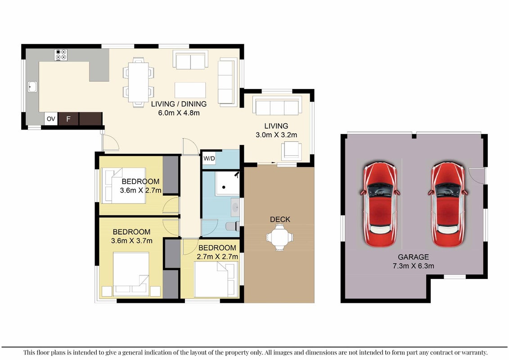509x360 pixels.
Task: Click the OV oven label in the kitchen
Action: [51, 119]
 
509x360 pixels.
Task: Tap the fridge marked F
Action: [68, 119]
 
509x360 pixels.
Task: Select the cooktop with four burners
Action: [61, 55]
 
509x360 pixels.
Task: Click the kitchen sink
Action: [32, 87]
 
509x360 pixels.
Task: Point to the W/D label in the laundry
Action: [209, 158]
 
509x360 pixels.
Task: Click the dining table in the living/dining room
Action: [138, 82]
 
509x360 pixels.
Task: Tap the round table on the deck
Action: [279, 237]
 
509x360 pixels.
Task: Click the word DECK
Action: [280, 220]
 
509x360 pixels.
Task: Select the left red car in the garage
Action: [380, 204]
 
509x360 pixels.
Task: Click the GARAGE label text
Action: [413, 257]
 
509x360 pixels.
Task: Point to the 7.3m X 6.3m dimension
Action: [413, 266]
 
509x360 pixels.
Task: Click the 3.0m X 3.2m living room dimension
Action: [276, 135]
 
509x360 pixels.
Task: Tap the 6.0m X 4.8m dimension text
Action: [179, 113]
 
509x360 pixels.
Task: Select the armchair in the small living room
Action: [291, 151]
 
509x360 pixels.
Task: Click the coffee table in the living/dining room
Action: [190, 90]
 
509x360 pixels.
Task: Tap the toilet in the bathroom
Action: [232, 226]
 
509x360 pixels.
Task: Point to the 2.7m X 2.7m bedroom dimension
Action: [217, 257]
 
